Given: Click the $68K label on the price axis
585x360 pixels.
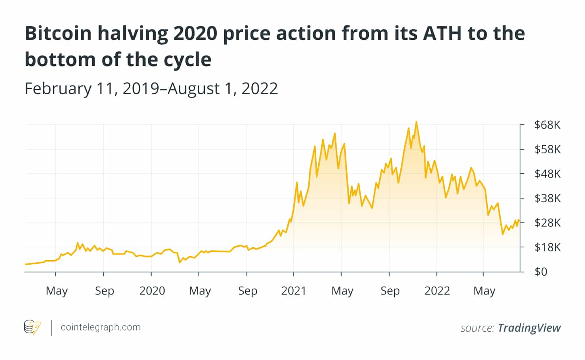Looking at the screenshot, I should point(547,125).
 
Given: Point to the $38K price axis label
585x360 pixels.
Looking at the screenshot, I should point(547,199).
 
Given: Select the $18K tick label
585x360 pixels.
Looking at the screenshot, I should point(547,247).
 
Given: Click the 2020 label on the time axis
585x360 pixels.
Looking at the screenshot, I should point(152,291).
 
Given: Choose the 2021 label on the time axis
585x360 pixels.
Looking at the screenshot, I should point(294,291).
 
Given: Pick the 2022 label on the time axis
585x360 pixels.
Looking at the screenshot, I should point(437,291).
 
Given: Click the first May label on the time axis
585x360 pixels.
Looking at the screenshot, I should point(56,291).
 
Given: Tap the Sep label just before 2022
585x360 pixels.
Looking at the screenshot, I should point(390,291).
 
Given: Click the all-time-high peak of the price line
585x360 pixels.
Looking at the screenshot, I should point(416,122).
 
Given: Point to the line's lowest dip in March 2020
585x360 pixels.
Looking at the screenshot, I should point(180,262).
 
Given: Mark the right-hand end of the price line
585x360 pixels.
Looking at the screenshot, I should point(519,220).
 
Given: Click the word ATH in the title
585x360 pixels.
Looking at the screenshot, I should point(442,33).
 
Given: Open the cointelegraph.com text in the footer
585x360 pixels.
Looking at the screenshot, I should point(100,327).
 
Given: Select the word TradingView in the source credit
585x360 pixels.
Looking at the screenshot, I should point(529,328).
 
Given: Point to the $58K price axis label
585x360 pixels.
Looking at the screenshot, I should point(547,150).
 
